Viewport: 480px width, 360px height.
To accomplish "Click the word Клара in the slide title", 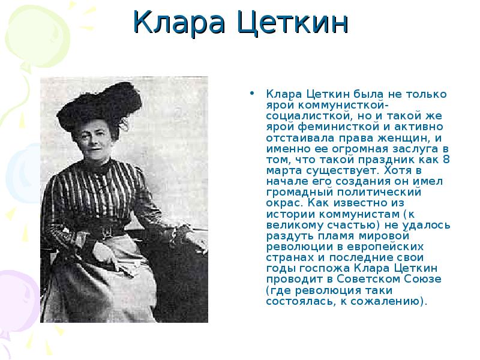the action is pyautogui.click(x=179, y=22).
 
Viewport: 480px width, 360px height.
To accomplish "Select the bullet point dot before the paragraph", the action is pyautogui.click(x=252, y=93).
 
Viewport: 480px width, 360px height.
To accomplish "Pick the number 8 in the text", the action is pyautogui.click(x=446, y=160).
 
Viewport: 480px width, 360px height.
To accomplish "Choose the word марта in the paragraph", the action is pyautogui.click(x=281, y=171).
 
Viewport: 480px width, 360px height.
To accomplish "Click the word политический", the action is pyautogui.click(x=379, y=192).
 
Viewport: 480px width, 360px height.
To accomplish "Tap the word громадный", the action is pyautogui.click(x=299, y=193).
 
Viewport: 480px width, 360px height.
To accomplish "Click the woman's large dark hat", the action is pyautogui.click(x=100, y=105).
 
